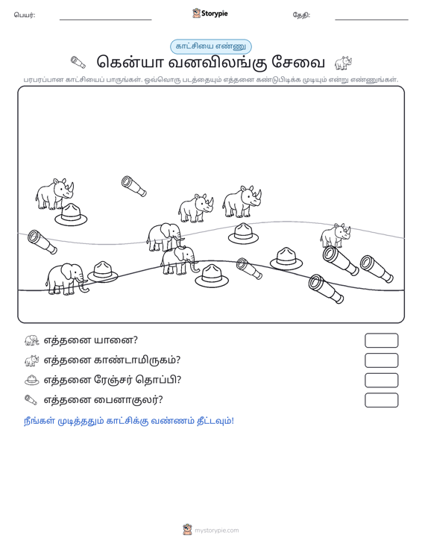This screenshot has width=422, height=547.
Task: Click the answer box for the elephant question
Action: (381, 340)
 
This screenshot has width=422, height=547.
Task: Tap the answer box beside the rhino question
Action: (381, 360)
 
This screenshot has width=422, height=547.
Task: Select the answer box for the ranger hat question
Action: (381, 381)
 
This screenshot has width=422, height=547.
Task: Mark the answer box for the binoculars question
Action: (381, 400)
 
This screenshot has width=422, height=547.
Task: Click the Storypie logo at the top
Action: (210, 13)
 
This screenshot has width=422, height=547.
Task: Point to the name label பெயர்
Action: (25, 15)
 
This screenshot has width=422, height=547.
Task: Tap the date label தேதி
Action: (301, 15)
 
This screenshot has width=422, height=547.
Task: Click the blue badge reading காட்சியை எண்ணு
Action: (210, 46)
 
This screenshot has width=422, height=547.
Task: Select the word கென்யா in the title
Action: (130, 63)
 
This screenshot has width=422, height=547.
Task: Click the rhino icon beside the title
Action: (343, 63)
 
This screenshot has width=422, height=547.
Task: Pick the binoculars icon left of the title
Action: (78, 63)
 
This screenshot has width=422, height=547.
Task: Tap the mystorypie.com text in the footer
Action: (217, 531)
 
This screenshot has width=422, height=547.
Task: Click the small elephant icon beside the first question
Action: (32, 340)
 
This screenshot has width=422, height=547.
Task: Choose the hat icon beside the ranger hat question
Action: (32, 380)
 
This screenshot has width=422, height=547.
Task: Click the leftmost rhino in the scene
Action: (54, 194)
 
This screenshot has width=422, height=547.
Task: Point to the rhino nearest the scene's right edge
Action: (336, 235)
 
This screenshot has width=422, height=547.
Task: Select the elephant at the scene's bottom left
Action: (66, 279)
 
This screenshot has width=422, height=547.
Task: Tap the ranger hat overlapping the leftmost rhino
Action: (71, 214)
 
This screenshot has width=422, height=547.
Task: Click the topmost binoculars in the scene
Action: (133, 187)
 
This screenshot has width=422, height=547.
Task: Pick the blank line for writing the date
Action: (371, 20)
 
